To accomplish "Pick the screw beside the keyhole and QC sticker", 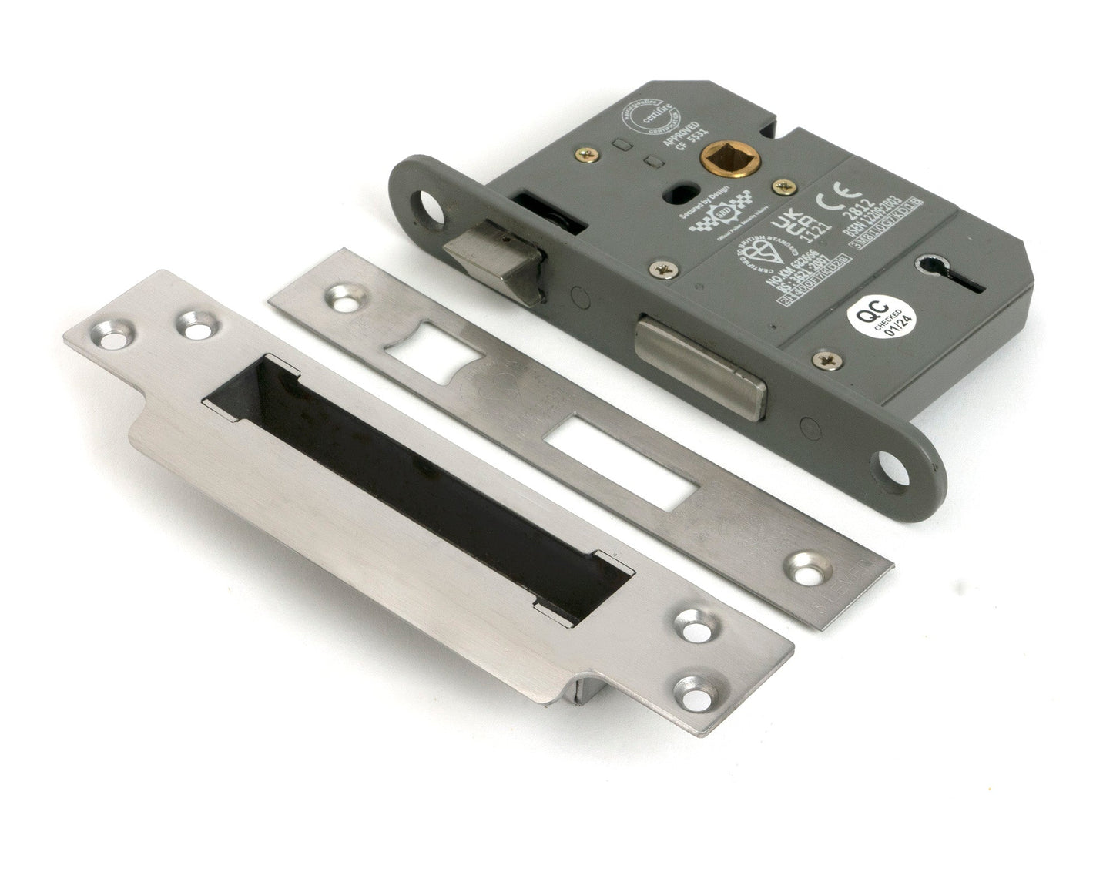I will click(x=825, y=358).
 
